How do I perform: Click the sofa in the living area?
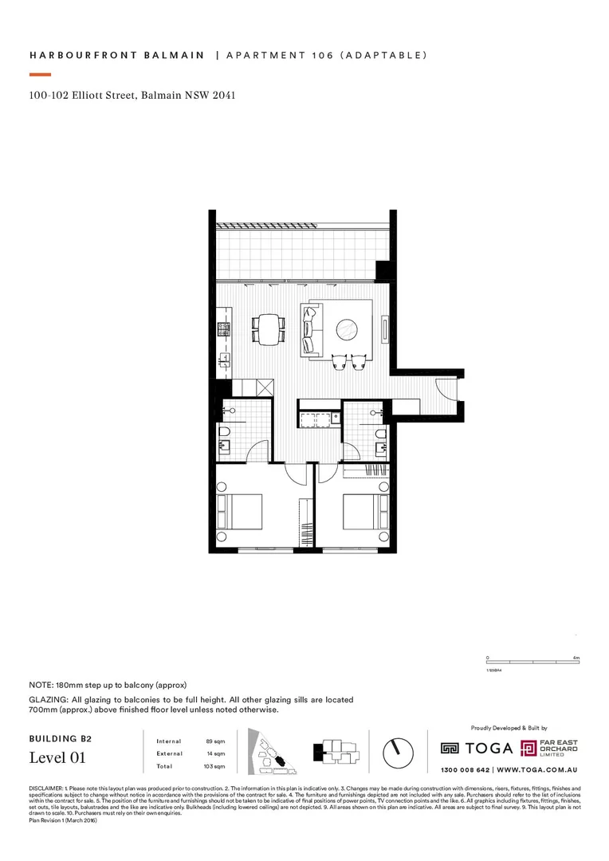(x=310, y=329)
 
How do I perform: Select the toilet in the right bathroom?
(x=380, y=435)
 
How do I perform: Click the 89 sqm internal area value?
(x=214, y=741)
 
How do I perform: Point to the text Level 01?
(x=57, y=757)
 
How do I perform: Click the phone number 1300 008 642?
(x=466, y=771)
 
